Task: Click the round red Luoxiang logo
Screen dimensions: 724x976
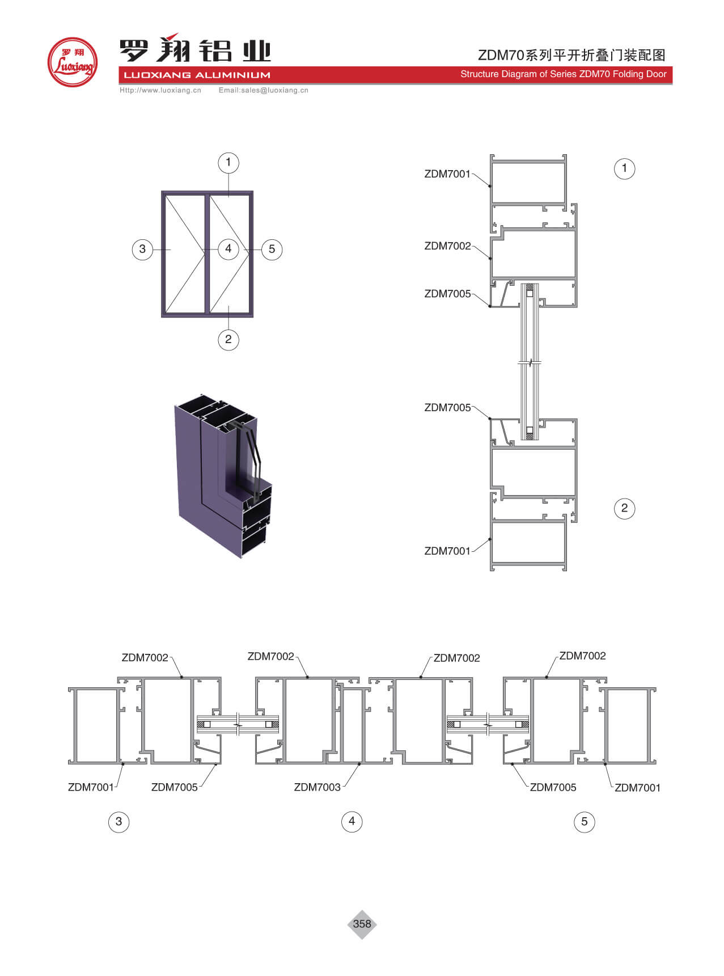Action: pos(73,62)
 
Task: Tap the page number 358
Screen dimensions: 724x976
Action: pos(362,924)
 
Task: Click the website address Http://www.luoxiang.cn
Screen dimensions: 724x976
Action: pos(160,90)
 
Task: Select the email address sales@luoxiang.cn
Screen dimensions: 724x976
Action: pos(274,90)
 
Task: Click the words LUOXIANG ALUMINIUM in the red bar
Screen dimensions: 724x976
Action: pos(197,75)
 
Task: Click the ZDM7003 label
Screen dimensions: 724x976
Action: pos(317,787)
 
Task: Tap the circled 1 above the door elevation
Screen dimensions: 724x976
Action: pos(228,163)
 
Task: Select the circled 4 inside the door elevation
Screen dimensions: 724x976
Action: pos(228,248)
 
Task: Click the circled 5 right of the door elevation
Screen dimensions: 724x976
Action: pos(272,249)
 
